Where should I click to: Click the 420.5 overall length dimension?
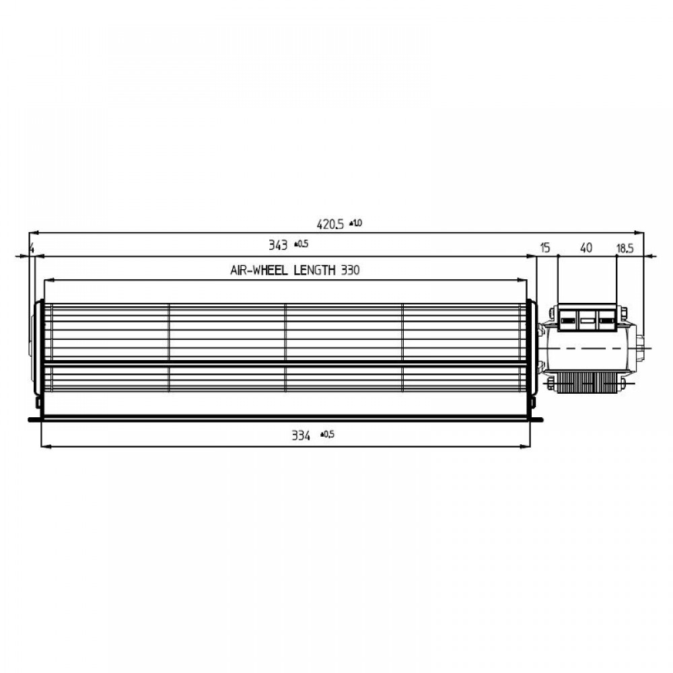pyautogui.click(x=330, y=225)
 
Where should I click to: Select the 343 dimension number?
pyautogui.click(x=277, y=245)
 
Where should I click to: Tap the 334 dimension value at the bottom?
pyautogui.click(x=301, y=436)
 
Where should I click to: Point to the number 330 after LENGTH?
pyautogui.click(x=349, y=271)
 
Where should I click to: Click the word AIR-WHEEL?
pyautogui.click(x=258, y=271)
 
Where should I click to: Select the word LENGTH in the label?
pyautogui.click(x=313, y=271)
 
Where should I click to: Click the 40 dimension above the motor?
pyautogui.click(x=586, y=248)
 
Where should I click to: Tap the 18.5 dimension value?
pyautogui.click(x=625, y=248)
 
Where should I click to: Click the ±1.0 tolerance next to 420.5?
pyautogui.click(x=356, y=223)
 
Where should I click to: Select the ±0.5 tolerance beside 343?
pyautogui.click(x=301, y=244)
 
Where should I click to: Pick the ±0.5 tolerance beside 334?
pyautogui.click(x=327, y=435)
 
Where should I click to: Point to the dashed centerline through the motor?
pyautogui.click(x=592, y=348)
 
